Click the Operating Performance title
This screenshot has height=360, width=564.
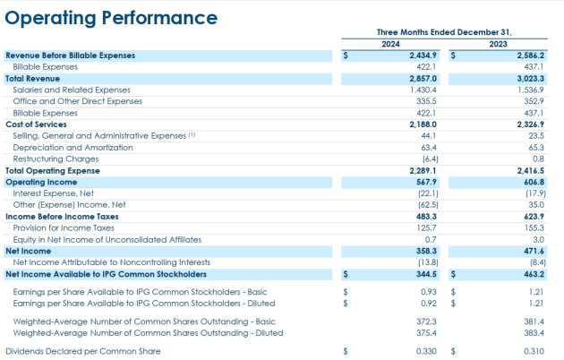[111, 18]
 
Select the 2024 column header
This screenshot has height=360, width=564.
[390, 44]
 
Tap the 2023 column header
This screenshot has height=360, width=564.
[498, 44]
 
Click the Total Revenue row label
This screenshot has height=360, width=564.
[33, 79]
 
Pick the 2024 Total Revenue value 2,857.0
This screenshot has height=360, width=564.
[423, 79]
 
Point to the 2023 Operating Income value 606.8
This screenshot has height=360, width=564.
[534, 182]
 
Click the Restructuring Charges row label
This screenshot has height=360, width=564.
[56, 159]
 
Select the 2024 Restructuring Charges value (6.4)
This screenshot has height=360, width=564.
[431, 159]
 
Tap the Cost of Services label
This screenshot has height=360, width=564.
[36, 124]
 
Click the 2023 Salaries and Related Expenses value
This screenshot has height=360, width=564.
[531, 90]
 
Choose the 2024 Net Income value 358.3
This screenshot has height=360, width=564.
[427, 251]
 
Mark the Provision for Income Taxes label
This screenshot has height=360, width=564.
[64, 228]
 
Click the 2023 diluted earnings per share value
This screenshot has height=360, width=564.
[536, 304]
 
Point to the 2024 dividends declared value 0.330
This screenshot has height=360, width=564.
[426, 351]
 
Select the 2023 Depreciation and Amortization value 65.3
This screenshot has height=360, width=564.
[536, 148]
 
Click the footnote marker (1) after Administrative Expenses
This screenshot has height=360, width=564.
[192, 135]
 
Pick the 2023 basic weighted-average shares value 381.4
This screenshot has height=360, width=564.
[534, 321]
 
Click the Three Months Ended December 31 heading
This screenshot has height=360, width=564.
[444, 32]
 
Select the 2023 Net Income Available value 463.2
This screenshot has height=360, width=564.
[534, 274]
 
